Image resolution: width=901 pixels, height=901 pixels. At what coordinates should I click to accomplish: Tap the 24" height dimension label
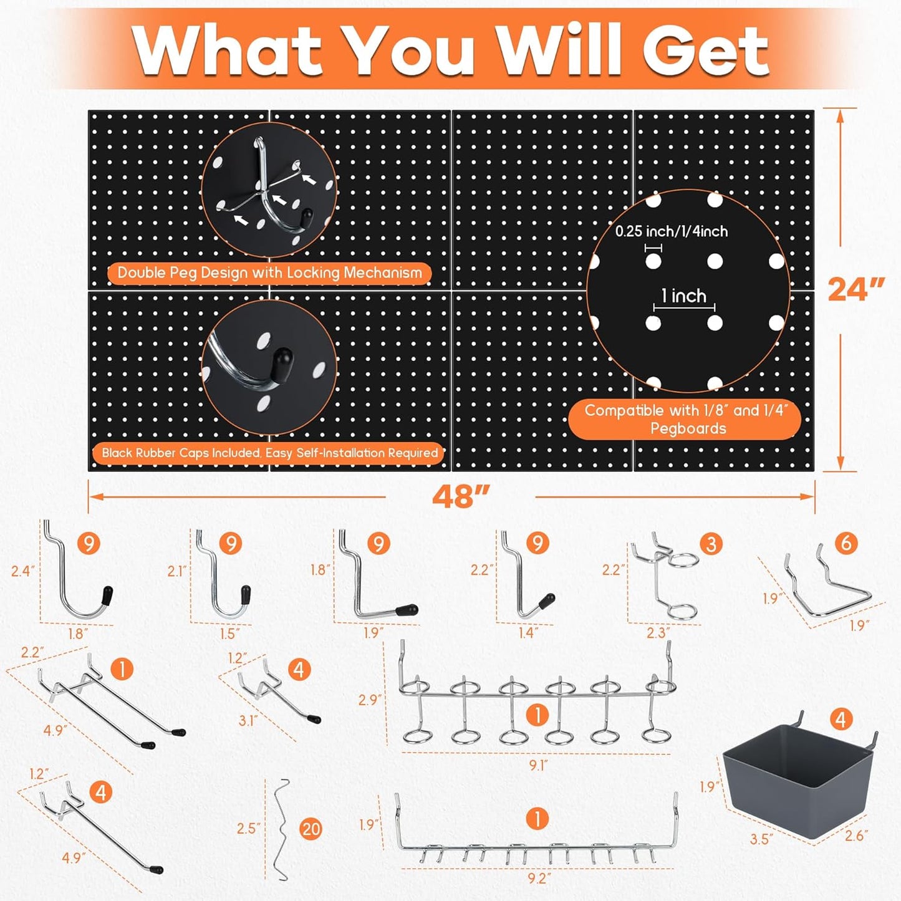855,289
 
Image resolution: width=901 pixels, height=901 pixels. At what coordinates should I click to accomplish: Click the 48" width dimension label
461,497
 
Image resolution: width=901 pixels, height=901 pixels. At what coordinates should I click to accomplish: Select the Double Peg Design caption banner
269,273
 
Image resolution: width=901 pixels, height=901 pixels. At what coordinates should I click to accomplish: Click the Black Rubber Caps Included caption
269,453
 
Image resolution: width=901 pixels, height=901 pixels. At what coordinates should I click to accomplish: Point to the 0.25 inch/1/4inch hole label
672,231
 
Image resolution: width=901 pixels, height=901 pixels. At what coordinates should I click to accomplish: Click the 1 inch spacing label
684,296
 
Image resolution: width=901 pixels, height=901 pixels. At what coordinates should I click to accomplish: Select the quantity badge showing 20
311,829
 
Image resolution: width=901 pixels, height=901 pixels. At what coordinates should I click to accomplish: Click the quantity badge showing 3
711,544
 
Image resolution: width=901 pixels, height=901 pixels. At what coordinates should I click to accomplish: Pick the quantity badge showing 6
846,543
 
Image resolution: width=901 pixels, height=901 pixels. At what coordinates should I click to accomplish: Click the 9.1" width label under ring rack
538,765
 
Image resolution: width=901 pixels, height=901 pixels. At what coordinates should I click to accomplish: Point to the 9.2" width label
538,878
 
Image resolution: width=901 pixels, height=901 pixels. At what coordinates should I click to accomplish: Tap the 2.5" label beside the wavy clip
249,829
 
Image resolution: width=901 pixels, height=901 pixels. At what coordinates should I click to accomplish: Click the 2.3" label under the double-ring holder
658,633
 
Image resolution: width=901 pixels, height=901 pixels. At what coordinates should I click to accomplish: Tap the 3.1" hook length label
248,721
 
